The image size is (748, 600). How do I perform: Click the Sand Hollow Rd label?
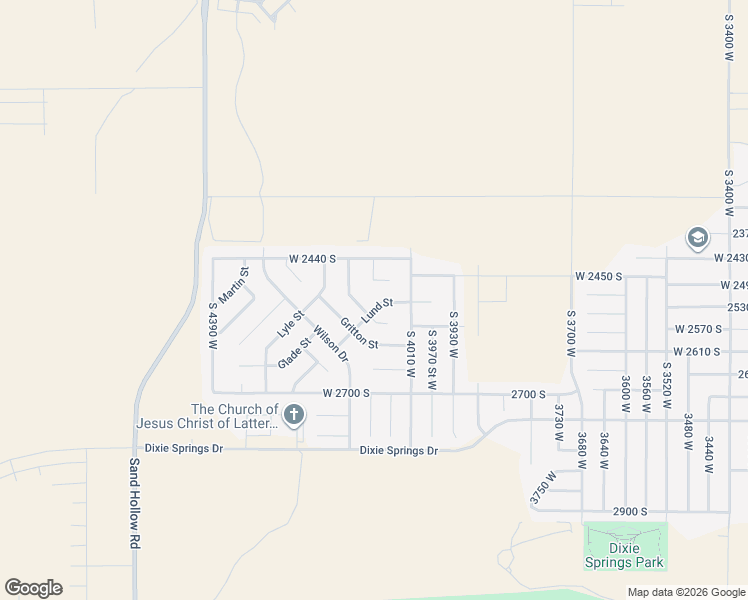point(133,503)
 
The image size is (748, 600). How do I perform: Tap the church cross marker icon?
point(293,414)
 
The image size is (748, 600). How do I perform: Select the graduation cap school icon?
point(697,238)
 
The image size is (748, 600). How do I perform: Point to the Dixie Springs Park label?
point(625,555)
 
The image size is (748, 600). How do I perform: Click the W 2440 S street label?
point(312,258)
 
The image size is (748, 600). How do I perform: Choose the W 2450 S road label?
point(599,275)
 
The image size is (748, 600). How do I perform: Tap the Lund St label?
point(378,309)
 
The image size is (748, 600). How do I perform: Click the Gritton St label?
point(358,334)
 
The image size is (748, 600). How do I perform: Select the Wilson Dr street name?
point(330,344)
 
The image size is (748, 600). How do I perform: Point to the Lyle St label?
point(289,322)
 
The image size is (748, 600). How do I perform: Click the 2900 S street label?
point(630,511)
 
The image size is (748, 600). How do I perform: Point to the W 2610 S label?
point(697,352)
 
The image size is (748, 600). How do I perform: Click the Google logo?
point(33,588)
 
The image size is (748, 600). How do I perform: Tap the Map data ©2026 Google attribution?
point(685,592)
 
